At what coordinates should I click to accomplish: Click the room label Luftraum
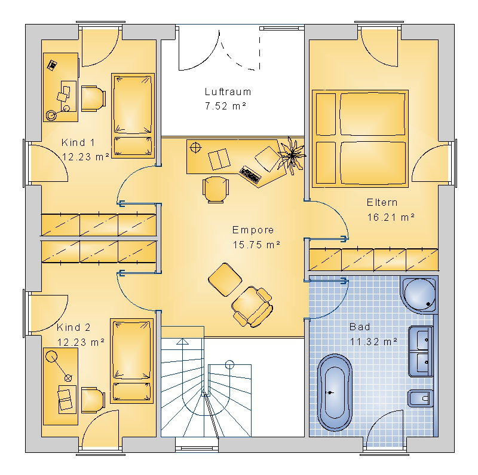(x=228, y=92)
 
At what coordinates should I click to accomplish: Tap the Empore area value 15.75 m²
(x=256, y=245)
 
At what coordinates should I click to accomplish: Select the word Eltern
(x=382, y=202)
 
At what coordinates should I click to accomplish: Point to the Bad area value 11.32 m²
(x=373, y=341)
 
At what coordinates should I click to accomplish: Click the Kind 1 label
(x=78, y=142)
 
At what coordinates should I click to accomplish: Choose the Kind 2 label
(x=73, y=328)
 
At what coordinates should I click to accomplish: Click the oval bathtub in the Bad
(x=335, y=392)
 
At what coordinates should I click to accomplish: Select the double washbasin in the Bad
(x=421, y=351)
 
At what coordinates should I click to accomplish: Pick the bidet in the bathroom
(x=421, y=398)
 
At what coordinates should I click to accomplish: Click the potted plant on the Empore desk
(x=292, y=156)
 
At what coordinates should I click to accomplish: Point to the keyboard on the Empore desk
(x=250, y=175)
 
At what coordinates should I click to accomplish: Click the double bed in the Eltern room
(x=360, y=139)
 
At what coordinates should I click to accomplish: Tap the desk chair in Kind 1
(x=93, y=98)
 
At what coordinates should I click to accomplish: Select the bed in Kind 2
(x=131, y=361)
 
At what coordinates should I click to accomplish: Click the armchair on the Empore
(x=252, y=306)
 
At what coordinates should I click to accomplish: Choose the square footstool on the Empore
(x=225, y=279)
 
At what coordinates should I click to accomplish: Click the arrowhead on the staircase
(x=182, y=342)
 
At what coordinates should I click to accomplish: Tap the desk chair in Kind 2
(x=93, y=400)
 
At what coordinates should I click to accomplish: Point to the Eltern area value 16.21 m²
(x=391, y=217)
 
